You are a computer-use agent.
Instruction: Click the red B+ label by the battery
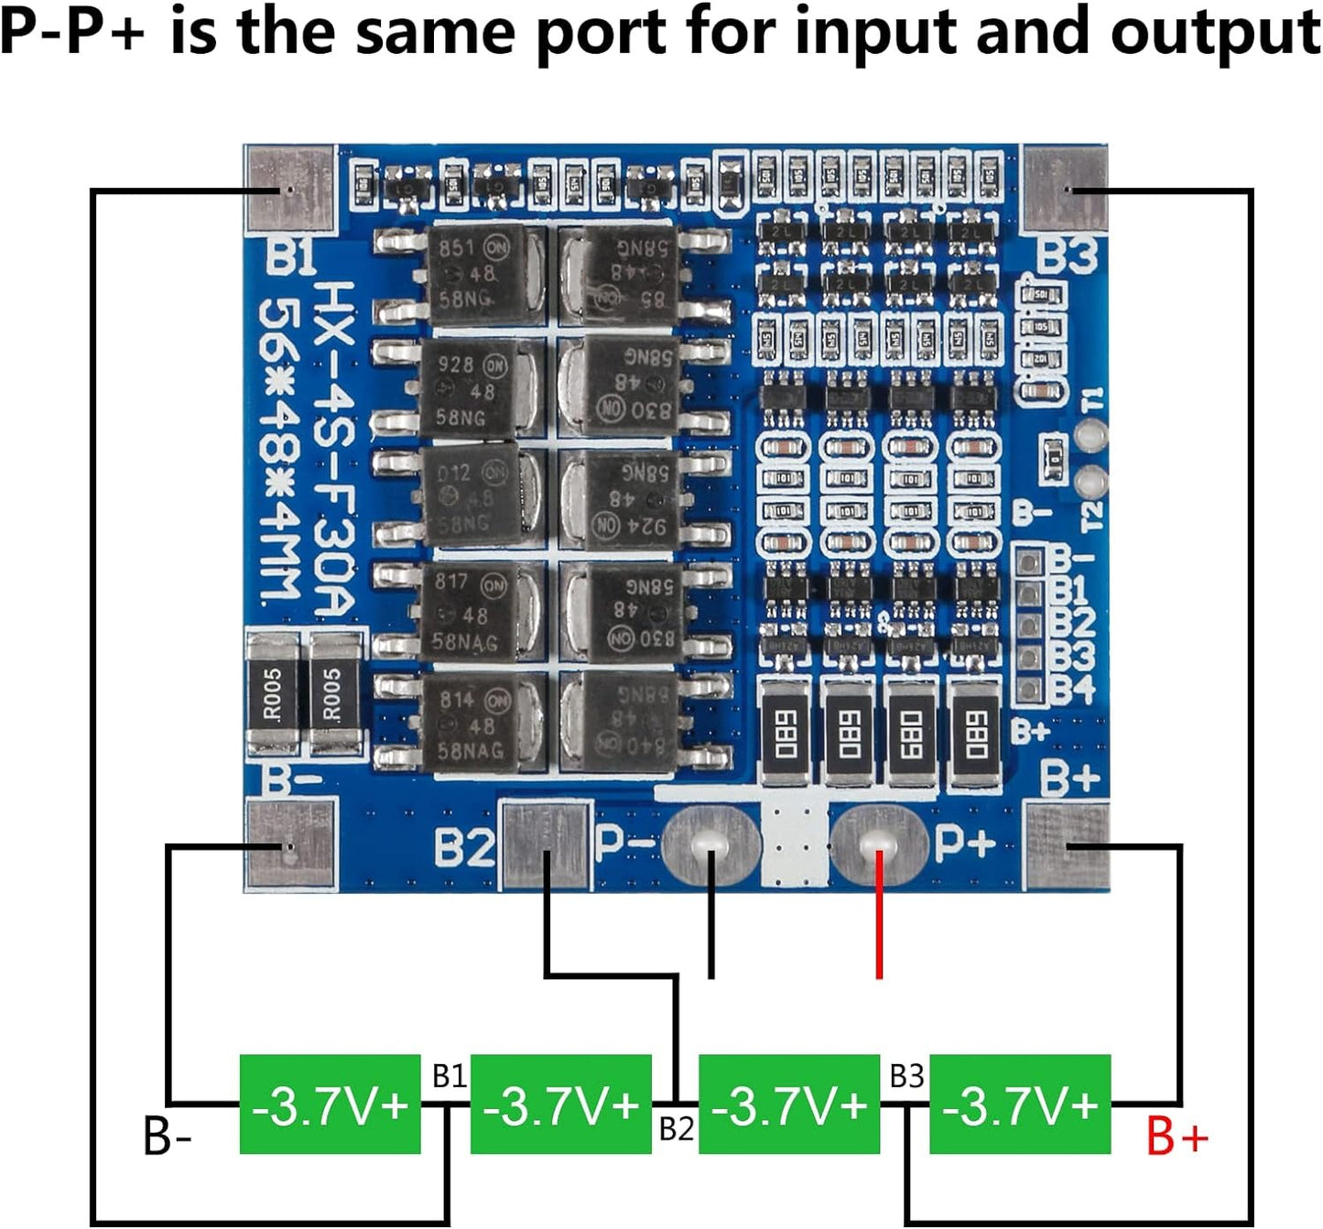point(1177,1137)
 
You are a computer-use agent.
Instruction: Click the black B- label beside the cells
point(168,1137)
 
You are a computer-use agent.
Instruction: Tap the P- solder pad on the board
point(710,843)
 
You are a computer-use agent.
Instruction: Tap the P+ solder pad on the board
point(879,843)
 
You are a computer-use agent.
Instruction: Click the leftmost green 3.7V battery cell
point(330,1104)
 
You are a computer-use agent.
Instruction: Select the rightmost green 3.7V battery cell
point(1020,1104)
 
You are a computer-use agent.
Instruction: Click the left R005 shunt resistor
point(273,693)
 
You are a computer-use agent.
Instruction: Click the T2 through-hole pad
point(1090,482)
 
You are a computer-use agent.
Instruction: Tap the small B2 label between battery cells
point(677,1129)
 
